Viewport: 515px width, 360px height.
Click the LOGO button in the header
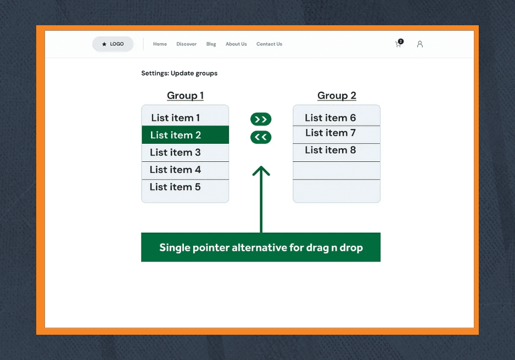(113, 44)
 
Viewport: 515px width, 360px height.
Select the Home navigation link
(160, 44)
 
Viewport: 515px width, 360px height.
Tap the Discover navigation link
(186, 44)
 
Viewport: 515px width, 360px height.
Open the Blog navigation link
(211, 44)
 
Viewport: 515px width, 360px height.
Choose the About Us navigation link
(236, 44)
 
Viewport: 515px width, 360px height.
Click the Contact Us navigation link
(269, 44)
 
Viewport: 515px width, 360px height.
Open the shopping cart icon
(399, 44)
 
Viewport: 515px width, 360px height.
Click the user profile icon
(419, 44)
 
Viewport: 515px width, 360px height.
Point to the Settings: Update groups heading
(179, 73)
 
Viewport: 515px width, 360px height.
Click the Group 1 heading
(185, 95)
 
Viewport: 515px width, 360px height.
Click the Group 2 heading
(337, 95)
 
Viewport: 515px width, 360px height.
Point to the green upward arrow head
(261, 171)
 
